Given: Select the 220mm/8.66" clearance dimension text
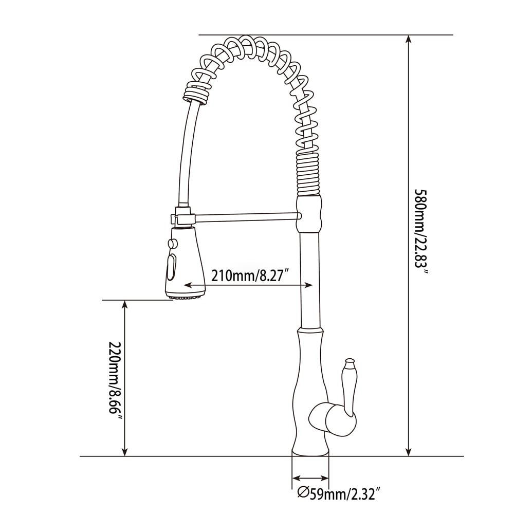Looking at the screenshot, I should [x=115, y=380].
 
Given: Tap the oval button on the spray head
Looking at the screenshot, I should [x=172, y=266].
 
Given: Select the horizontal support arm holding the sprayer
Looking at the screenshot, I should [x=247, y=217].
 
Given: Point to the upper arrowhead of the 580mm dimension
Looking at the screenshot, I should [x=409, y=40].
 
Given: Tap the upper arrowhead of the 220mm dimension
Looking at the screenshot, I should [x=124, y=305].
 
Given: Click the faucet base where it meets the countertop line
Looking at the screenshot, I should [x=310, y=452].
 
